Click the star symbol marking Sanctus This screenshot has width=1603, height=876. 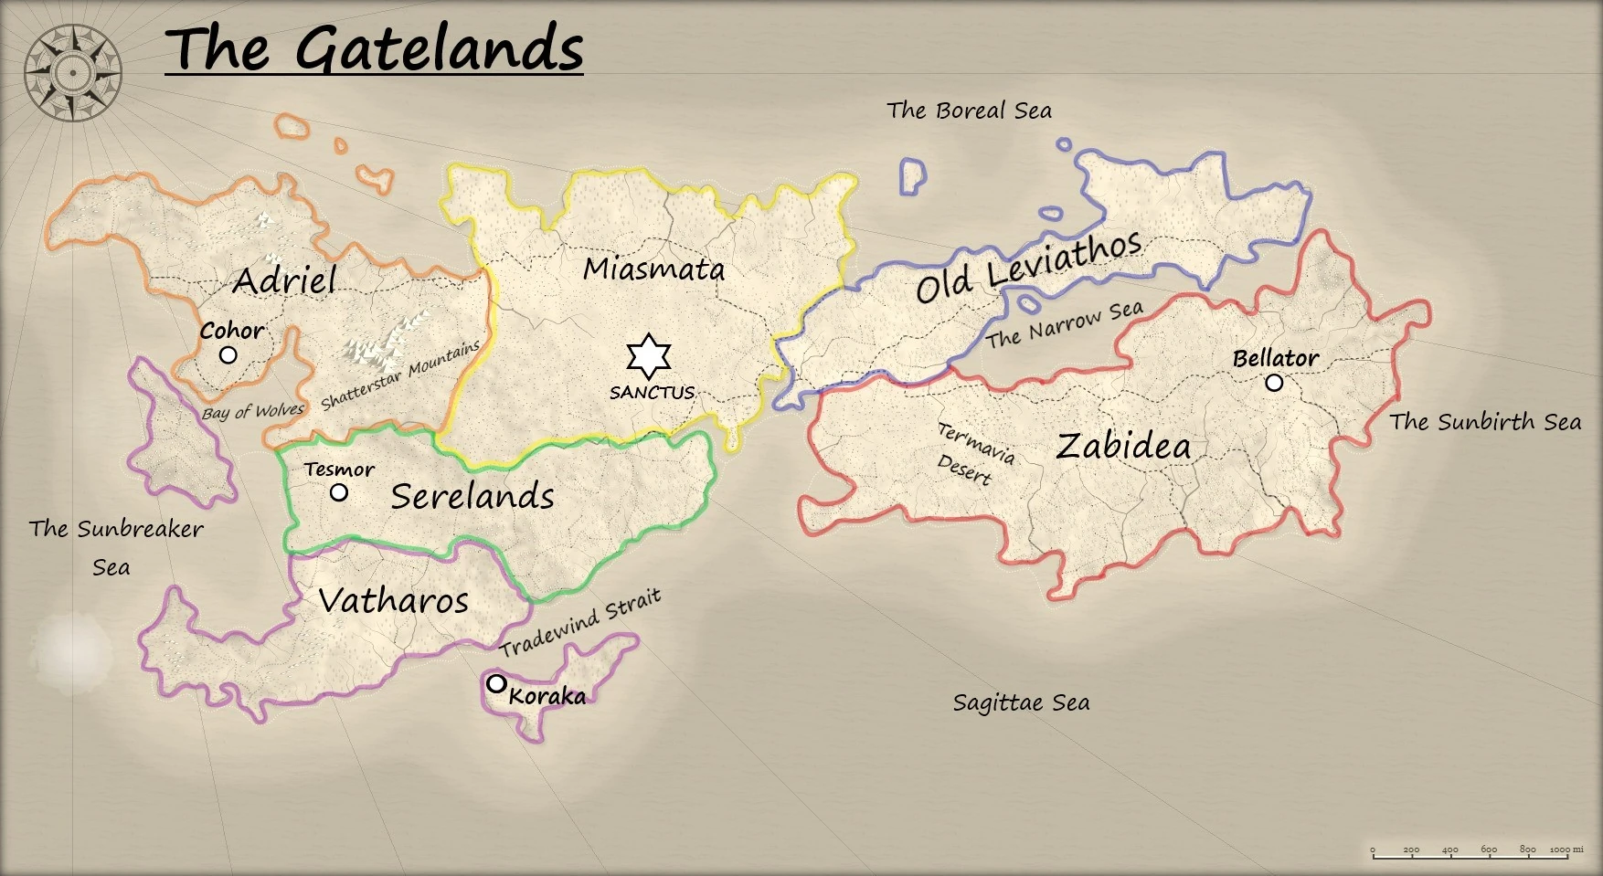[x=649, y=356]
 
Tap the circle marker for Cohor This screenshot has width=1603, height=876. [x=228, y=354]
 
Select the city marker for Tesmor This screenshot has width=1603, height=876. [x=339, y=492]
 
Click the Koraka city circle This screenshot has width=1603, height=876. [x=496, y=683]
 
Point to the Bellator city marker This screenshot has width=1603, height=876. [x=1274, y=383]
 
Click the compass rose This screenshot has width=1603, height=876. [x=72, y=73]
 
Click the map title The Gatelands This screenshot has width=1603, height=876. [x=374, y=48]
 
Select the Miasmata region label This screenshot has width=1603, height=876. [x=653, y=269]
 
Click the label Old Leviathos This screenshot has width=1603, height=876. [x=1029, y=267]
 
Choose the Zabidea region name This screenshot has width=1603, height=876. [x=1123, y=446]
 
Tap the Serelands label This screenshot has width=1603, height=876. [x=472, y=496]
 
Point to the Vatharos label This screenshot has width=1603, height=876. [x=393, y=600]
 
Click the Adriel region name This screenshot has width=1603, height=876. [x=284, y=280]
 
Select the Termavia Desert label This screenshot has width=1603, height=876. [x=974, y=454]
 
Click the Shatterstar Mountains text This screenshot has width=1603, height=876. [x=400, y=375]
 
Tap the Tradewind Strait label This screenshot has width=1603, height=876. [x=579, y=624]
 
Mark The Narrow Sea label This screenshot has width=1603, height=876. [x=1064, y=324]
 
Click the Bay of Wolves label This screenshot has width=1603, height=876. [x=252, y=412]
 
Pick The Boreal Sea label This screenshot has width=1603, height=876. [x=969, y=111]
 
